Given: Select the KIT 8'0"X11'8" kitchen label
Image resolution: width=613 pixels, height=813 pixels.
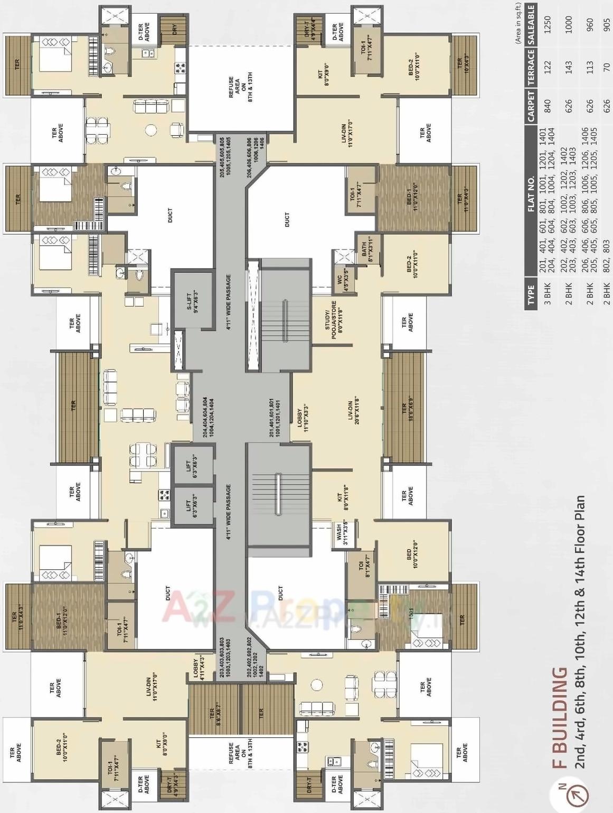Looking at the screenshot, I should click(x=343, y=498).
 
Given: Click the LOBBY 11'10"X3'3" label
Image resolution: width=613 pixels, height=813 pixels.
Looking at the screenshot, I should click(x=302, y=419).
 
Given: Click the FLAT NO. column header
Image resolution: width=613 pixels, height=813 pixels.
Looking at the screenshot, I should click(x=530, y=193).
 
